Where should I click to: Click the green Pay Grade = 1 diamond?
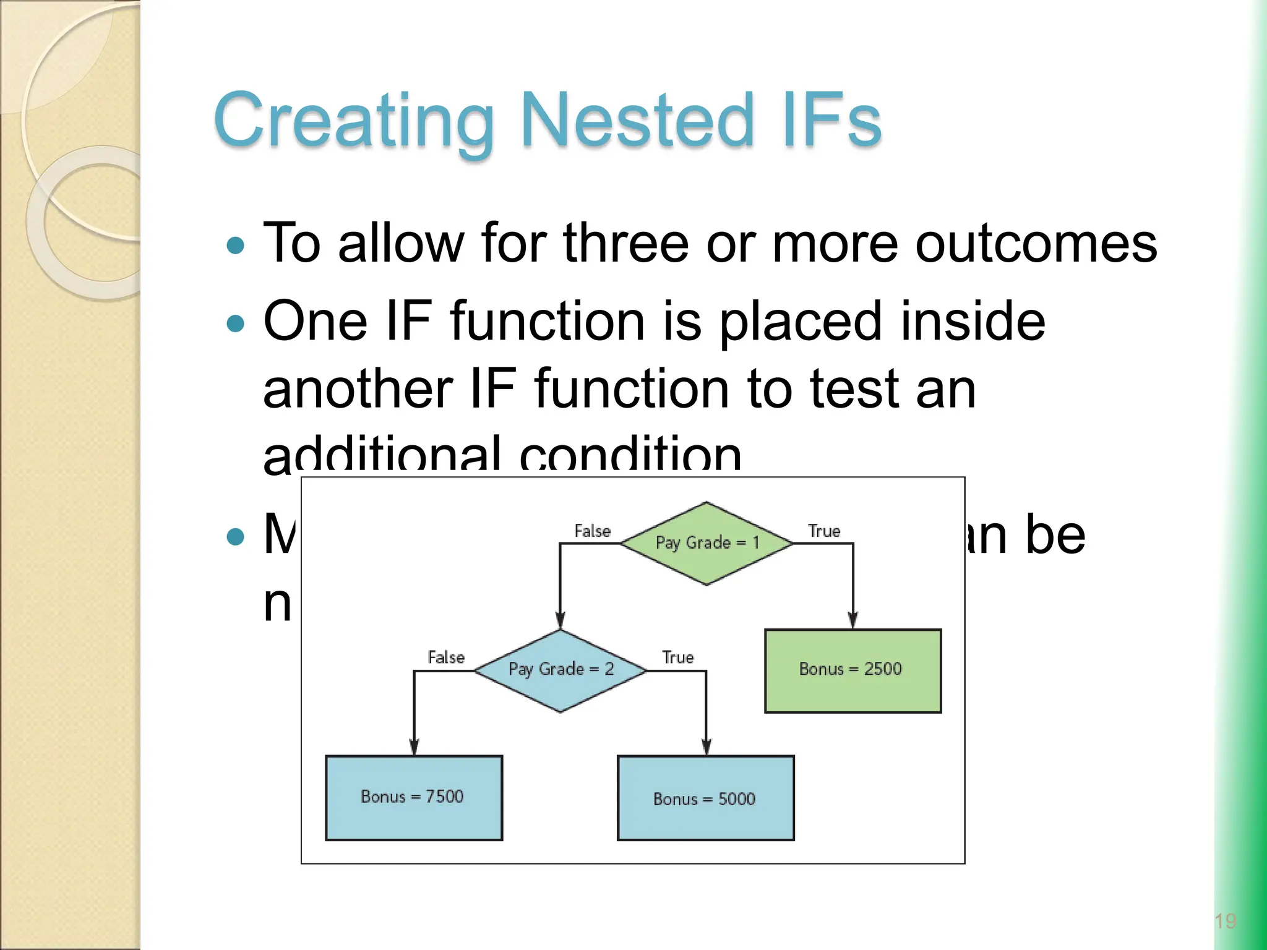[x=707, y=544]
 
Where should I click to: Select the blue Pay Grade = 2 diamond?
[x=560, y=670]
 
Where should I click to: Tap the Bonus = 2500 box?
[x=853, y=670]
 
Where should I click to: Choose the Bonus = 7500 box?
[x=414, y=797]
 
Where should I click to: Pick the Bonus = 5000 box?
[x=705, y=798]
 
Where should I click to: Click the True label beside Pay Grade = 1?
[x=823, y=531]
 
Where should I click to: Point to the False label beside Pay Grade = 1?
[x=592, y=531]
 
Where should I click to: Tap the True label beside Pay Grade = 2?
[x=677, y=657]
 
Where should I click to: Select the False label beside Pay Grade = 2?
[x=445, y=657]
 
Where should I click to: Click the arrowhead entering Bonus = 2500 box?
[x=853, y=620]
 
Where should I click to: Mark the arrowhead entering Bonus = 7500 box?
[x=414, y=747]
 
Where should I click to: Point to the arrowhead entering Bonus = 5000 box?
[x=706, y=747]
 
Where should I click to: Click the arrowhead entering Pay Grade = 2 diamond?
[x=560, y=620]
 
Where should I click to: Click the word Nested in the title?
[x=637, y=120]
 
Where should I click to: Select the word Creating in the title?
[x=353, y=120]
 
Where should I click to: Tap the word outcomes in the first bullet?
[x=1036, y=244]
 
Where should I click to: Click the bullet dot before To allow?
[x=236, y=246]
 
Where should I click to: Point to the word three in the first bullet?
[x=625, y=244]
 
